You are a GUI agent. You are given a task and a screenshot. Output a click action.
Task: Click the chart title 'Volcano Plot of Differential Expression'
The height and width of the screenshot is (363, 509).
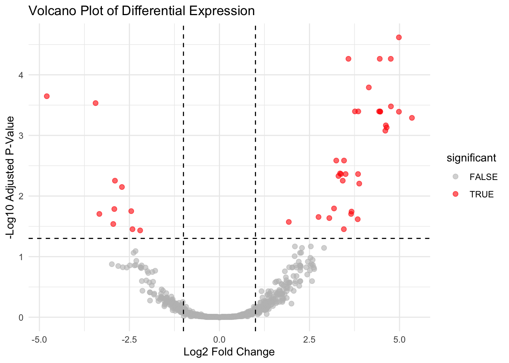pos(142,11)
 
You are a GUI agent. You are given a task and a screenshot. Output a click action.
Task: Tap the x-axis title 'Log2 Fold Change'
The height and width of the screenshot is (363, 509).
pos(229,352)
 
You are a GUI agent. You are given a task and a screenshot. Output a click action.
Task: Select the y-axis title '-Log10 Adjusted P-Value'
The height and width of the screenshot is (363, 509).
pos(11,177)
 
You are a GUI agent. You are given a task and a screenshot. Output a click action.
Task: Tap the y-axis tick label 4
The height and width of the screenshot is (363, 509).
pos(21,75)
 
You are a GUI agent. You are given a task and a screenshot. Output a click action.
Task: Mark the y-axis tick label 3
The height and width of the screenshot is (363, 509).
pos(21,135)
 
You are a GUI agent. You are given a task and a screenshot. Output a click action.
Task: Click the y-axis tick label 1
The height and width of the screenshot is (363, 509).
pos(21,257)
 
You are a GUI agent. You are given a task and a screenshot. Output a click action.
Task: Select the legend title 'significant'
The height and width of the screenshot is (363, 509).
pos(471,158)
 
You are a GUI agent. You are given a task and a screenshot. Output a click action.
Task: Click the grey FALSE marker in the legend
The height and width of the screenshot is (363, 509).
pos(456,177)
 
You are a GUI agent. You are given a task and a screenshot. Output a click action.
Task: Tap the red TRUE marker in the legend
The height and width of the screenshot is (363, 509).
pos(456,194)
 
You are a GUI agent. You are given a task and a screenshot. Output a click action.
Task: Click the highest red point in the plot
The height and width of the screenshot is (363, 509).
pos(399,37)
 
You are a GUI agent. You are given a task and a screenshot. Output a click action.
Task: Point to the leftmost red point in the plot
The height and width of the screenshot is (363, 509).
pos(47,96)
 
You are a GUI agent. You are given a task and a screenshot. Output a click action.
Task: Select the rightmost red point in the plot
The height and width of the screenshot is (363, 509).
pos(412,118)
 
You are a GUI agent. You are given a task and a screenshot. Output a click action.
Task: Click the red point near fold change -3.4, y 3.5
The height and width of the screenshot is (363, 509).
pos(95,103)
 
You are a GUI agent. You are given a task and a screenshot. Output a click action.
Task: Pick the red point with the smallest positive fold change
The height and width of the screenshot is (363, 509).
pos(289,222)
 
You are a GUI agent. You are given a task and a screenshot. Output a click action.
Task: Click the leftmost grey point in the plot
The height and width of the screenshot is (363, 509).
pos(112,264)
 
